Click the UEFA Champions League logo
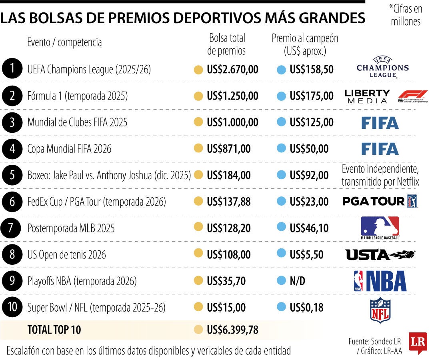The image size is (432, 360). [383, 68]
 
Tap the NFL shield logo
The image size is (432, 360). [380, 310]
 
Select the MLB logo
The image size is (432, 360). [380, 228]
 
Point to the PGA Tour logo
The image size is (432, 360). [380, 201]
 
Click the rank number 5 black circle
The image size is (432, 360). [12, 175]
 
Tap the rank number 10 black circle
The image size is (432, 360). [12, 307]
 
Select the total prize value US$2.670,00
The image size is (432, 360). [232, 70]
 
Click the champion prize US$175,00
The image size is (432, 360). [312, 96]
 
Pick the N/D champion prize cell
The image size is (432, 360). [297, 281]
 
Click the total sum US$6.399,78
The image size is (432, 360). [232, 330]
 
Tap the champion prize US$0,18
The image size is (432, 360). [306, 307]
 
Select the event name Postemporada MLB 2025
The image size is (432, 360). [71, 228]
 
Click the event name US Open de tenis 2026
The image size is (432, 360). [66, 255]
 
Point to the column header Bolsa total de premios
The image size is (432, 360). [226, 44]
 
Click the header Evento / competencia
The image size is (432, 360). [64, 42]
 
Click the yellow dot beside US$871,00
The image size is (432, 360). [198, 148]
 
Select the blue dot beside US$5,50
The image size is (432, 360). [281, 253]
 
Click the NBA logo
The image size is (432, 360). [380, 281]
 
